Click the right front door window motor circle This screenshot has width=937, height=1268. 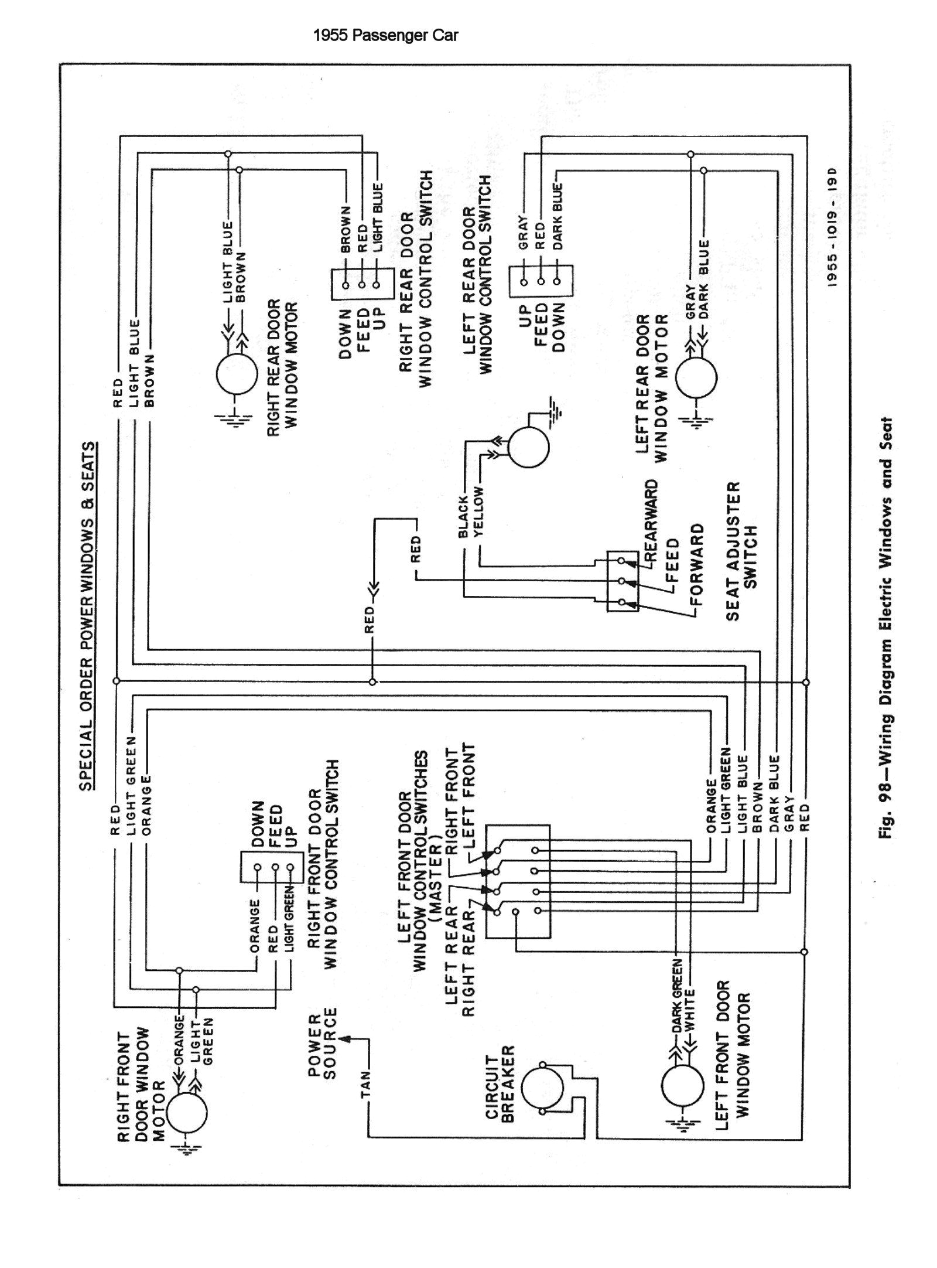187,1113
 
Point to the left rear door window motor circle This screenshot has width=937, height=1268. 696,377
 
